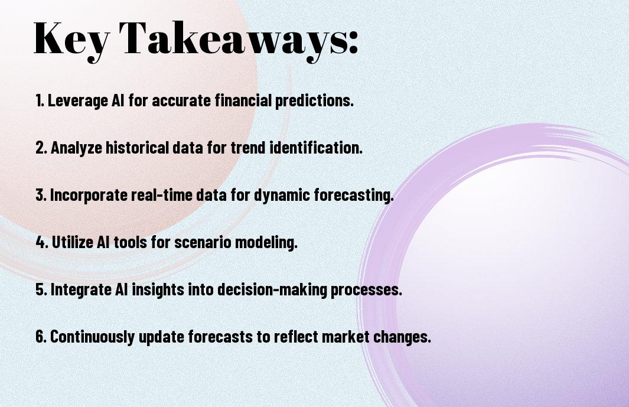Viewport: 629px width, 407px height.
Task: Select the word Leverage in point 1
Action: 78,101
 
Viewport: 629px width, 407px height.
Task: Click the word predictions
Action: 314,101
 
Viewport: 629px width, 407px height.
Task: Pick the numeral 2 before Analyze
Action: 41,148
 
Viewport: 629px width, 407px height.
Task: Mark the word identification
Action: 316,147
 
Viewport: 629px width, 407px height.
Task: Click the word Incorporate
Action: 89,195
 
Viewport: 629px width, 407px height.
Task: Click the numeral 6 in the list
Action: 41,336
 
